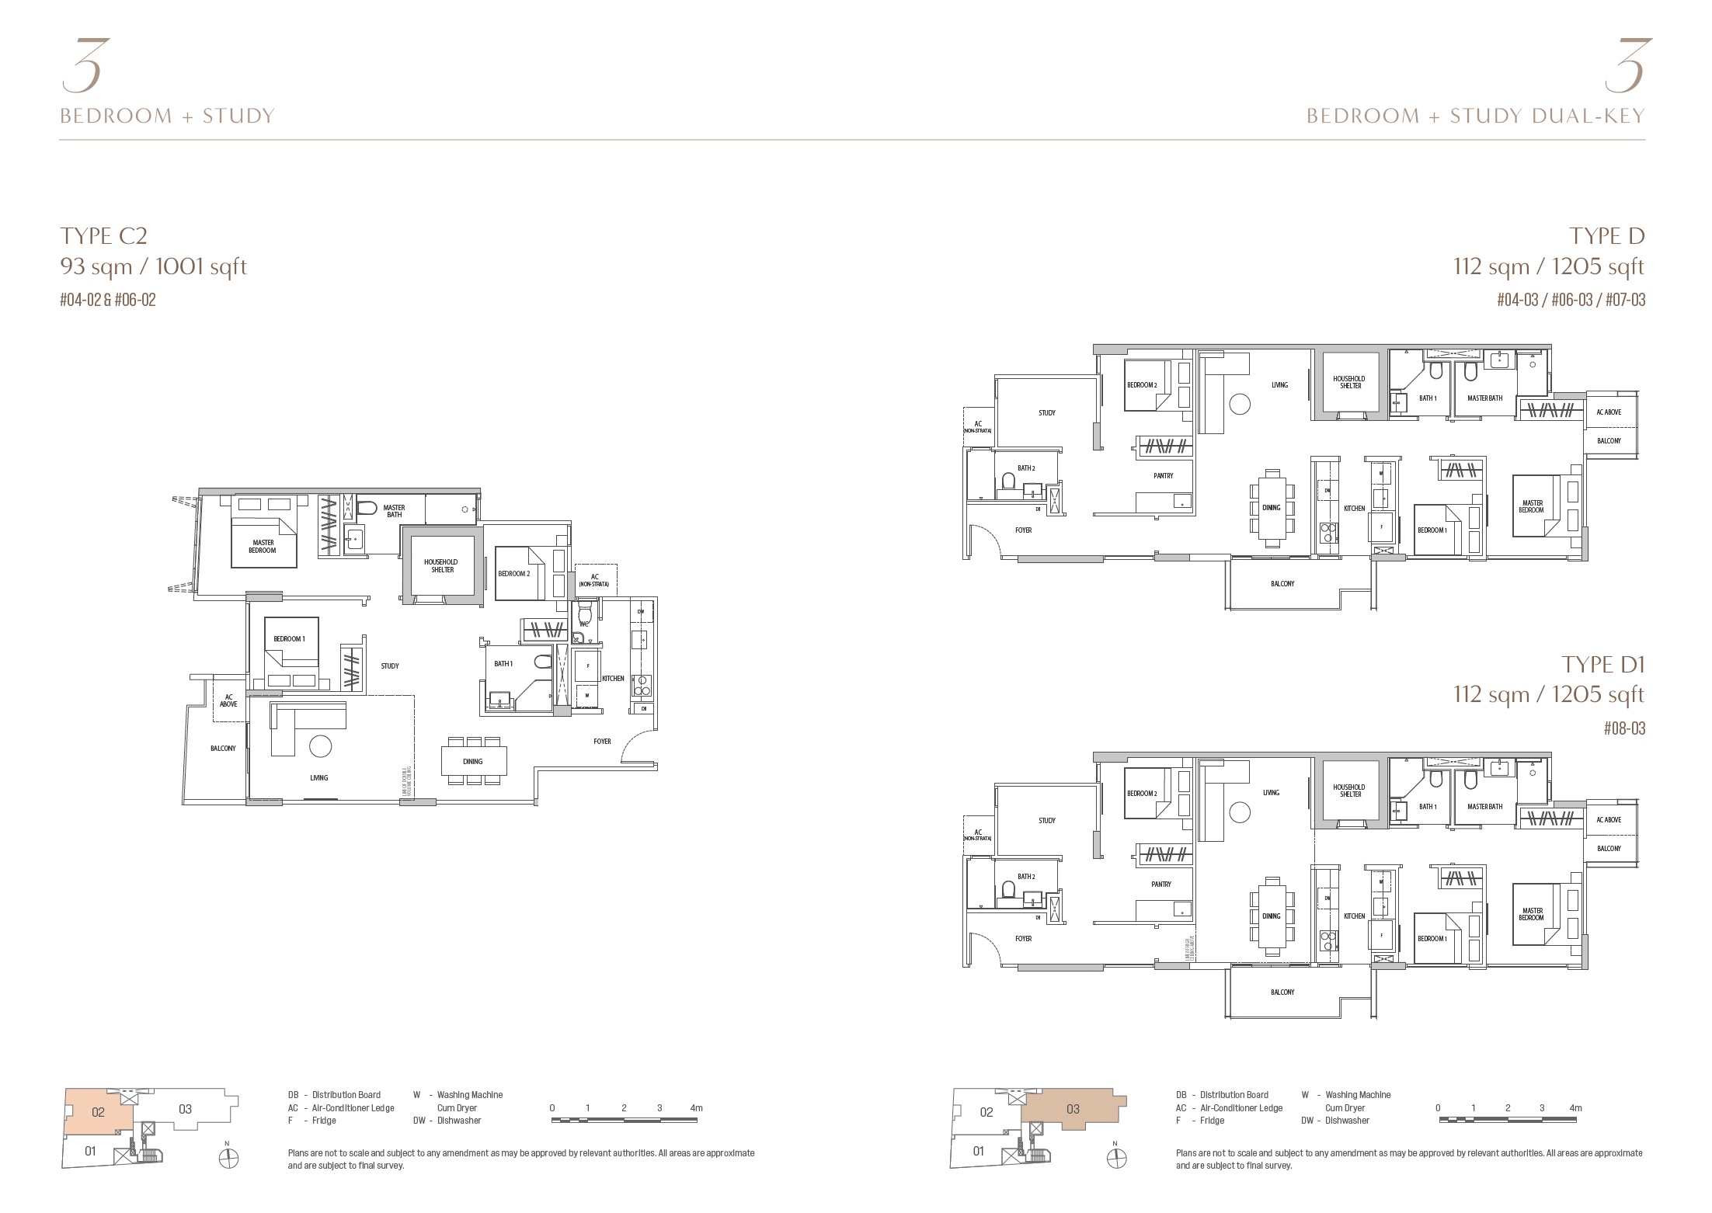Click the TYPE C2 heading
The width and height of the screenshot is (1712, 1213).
[x=103, y=236]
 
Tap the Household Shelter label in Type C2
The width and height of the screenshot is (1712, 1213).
[x=440, y=565]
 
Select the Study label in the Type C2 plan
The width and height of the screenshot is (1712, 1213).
[x=390, y=666]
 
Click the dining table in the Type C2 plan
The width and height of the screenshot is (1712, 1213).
[x=473, y=761]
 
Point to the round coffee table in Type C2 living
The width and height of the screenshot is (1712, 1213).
[x=319, y=747]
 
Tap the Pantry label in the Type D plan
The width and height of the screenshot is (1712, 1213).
[x=1163, y=475]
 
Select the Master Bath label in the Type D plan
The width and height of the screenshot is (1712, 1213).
[x=1484, y=398]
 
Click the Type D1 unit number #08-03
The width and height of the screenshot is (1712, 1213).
[x=1624, y=728]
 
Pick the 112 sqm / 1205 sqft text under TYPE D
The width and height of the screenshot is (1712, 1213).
[x=1549, y=267]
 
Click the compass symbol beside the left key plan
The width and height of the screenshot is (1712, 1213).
[x=228, y=1159]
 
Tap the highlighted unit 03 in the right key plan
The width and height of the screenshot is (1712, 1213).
[x=1073, y=1109]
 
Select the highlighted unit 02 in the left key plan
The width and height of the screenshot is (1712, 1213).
[x=98, y=1112]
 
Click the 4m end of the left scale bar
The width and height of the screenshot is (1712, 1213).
[x=696, y=1108]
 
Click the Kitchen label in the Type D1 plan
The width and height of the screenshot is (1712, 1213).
[x=1354, y=916]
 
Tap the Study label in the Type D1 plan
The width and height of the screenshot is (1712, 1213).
[x=1046, y=820]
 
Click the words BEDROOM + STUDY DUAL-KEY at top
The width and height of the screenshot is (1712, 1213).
[x=1475, y=116]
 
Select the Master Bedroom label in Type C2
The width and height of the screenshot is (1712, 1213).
[x=263, y=547]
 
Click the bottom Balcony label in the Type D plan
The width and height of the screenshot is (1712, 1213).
[x=1282, y=583]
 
